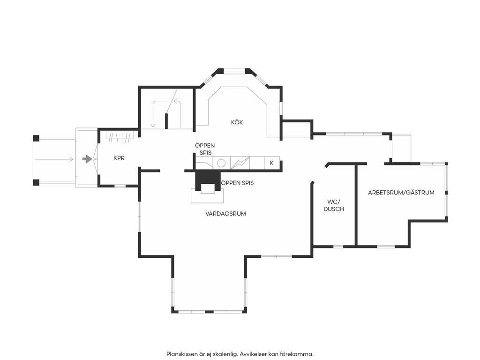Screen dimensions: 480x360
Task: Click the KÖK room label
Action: pos(237,122)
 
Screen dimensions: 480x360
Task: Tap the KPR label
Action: pos(119,158)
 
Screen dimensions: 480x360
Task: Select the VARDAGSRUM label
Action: pos(225,213)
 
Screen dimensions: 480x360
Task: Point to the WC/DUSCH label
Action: pos(334,205)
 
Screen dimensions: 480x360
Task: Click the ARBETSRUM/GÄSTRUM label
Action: pos(401,193)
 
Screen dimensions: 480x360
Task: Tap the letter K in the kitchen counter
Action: pos(271,163)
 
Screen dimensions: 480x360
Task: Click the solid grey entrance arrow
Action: pos(87,159)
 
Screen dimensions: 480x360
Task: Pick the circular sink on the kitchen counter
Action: pos(221,163)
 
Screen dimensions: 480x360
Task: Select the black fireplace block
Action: pos(208,180)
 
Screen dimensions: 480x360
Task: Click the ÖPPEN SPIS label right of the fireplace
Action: pos(237,183)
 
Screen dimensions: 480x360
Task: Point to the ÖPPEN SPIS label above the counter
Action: pos(205,149)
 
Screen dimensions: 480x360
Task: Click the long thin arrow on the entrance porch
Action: pos(54,159)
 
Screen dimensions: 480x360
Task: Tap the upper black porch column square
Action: pos(36,138)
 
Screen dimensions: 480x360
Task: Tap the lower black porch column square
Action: pos(36,182)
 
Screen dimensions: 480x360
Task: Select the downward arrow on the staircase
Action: pos(153,114)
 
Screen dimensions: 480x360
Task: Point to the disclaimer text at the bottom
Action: pos(240,354)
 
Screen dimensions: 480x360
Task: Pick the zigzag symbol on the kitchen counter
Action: pos(240,163)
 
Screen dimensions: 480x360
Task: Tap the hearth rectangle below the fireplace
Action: pos(207,196)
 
